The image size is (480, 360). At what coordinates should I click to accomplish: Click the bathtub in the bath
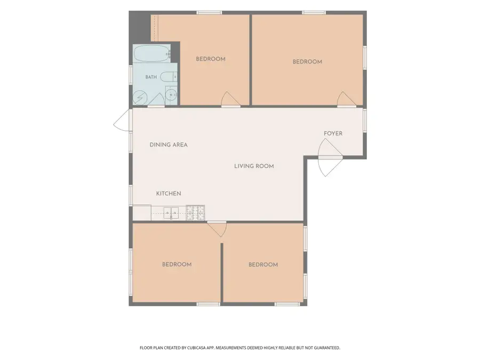coord(151,54)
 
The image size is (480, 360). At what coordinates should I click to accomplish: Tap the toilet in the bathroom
coord(169,77)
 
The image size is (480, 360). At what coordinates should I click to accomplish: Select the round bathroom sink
coord(171,95)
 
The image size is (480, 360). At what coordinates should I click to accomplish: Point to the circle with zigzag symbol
coord(140,98)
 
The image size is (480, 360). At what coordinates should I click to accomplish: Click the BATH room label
coord(151,77)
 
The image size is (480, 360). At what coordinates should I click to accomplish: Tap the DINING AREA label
coord(169,145)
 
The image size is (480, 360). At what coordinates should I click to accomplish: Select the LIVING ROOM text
coord(254,166)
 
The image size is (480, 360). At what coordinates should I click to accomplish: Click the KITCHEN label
coord(169,194)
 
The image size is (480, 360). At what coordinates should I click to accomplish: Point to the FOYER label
coord(333,133)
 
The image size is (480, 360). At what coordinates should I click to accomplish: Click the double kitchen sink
coord(171,213)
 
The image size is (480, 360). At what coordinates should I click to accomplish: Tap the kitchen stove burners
coord(195,212)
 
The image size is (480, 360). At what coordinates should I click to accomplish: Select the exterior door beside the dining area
coord(123,121)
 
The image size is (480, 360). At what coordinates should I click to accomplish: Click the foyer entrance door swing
coord(330,157)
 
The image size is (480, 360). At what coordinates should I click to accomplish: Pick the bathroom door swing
coord(156,100)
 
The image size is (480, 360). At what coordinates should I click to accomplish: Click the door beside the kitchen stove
coord(217,229)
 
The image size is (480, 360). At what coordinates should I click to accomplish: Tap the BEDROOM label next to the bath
coord(211,59)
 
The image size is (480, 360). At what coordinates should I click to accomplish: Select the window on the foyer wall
coord(365,121)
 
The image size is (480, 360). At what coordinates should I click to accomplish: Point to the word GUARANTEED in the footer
coord(329,348)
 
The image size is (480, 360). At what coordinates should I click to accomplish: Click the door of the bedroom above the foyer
coord(347,99)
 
